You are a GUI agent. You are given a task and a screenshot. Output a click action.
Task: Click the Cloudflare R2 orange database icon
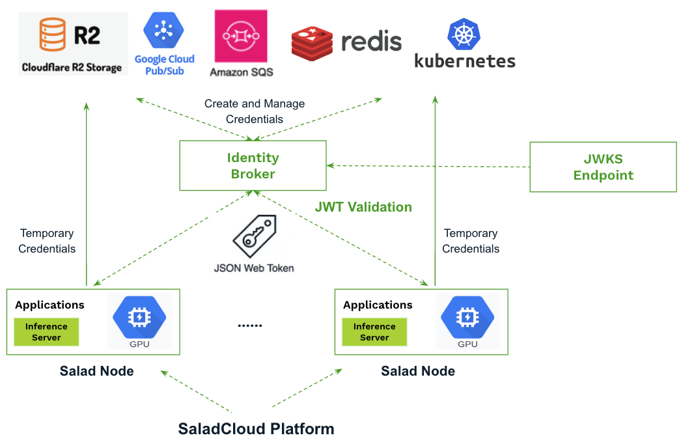tap(53, 35)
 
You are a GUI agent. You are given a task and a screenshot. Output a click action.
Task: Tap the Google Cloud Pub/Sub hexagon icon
tap(163, 30)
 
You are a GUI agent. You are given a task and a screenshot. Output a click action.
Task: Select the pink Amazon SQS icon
tap(241, 36)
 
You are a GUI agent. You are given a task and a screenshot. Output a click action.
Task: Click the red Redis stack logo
tap(312, 43)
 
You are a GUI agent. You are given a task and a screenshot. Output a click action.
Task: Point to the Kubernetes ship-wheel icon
tap(464, 35)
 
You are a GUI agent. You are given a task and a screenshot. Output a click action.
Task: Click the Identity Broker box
tap(253, 165)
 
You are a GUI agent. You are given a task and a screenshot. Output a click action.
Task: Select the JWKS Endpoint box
tap(604, 167)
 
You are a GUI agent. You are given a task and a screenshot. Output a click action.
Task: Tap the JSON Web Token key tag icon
tap(255, 236)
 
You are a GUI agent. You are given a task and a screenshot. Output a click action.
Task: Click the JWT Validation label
tap(363, 207)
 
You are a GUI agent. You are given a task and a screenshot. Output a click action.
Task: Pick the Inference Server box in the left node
tap(46, 332)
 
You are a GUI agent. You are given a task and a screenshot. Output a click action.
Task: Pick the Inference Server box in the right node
tap(374, 332)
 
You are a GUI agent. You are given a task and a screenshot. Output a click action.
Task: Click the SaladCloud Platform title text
tap(257, 429)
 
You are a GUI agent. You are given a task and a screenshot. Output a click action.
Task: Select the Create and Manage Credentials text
tap(255, 111)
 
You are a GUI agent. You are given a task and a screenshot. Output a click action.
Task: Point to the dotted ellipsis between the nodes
tap(250, 326)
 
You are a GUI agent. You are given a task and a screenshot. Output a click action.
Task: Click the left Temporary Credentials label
tap(47, 241)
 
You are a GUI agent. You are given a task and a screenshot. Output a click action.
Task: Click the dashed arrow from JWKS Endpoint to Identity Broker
tap(428, 166)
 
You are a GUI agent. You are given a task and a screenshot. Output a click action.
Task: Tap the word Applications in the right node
tap(378, 305)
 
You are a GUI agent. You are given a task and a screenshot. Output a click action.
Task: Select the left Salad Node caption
tap(97, 371)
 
